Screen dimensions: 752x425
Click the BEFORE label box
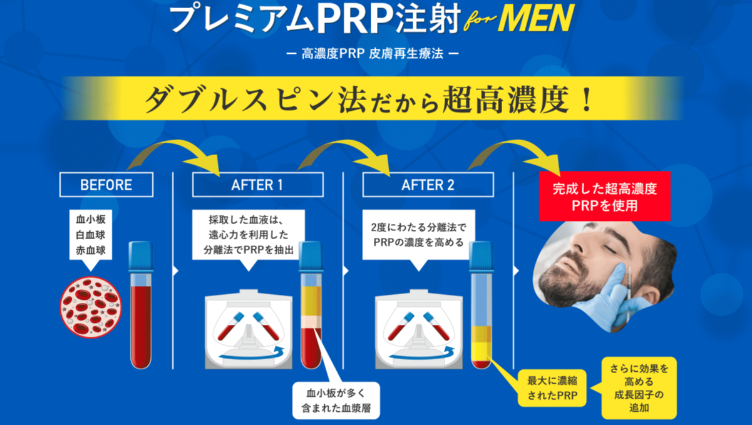(x=106, y=185)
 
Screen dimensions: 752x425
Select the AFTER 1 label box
(x=257, y=185)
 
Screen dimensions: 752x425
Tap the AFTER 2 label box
(x=428, y=185)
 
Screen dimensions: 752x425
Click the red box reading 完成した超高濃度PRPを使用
(x=604, y=196)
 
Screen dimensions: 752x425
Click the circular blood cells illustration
(x=91, y=307)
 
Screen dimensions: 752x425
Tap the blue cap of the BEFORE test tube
(x=141, y=256)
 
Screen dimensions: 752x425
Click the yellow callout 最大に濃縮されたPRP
(x=552, y=387)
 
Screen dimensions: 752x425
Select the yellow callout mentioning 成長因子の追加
(x=639, y=388)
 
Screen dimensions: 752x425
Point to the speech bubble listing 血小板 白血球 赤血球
(x=91, y=235)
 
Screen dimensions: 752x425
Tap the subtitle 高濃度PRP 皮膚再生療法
(x=372, y=54)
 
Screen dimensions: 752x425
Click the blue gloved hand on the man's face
(x=620, y=294)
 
